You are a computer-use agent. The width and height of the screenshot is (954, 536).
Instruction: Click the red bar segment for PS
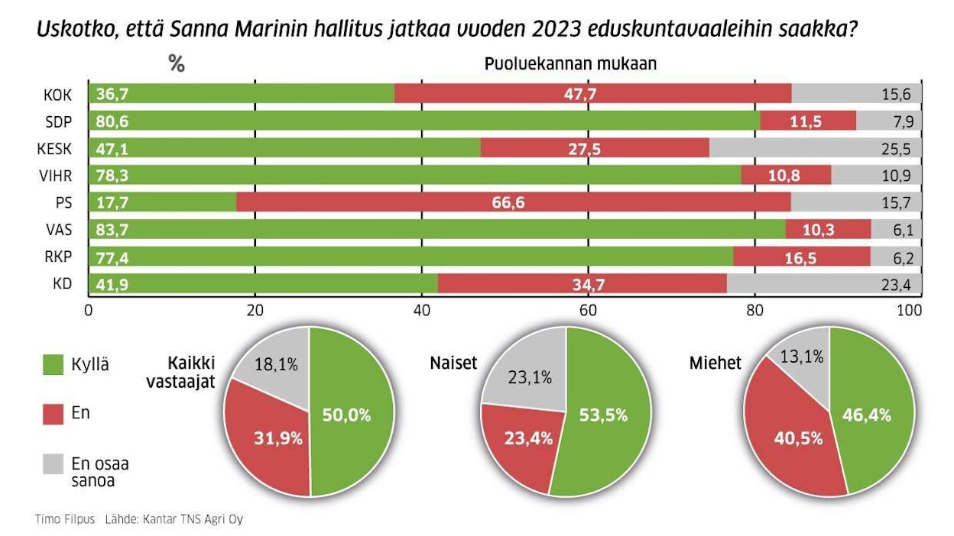[513, 202]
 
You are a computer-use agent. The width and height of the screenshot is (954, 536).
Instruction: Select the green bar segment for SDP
[424, 121]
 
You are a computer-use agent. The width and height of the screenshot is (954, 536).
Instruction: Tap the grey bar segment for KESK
[815, 147]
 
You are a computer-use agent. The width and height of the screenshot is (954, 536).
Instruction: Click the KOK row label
[59, 94]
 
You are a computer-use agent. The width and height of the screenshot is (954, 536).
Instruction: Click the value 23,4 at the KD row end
[897, 284]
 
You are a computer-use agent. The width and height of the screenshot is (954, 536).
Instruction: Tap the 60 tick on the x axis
[588, 311]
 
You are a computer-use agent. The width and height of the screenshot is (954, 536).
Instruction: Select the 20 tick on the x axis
[255, 311]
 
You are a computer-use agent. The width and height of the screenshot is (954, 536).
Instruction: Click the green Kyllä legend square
[53, 365]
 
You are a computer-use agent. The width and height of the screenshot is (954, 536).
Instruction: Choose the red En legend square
[53, 414]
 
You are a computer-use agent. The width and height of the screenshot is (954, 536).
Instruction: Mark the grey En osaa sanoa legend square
[53, 463]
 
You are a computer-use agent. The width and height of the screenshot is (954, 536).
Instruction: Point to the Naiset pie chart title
[453, 363]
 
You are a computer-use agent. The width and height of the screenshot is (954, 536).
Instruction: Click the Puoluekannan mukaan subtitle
[570, 64]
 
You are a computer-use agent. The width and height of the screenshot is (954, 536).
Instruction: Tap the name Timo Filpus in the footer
[65, 519]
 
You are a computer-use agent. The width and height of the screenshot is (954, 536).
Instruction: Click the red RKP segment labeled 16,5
[801, 257]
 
